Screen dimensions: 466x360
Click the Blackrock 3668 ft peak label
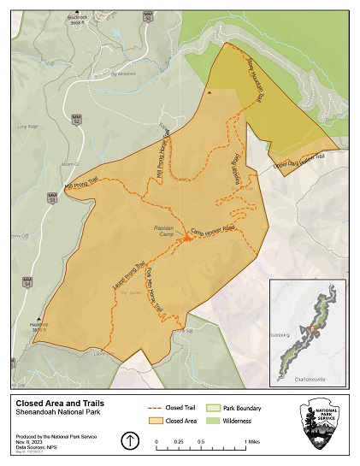point(81,21)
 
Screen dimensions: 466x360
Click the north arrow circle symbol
point(128,440)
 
